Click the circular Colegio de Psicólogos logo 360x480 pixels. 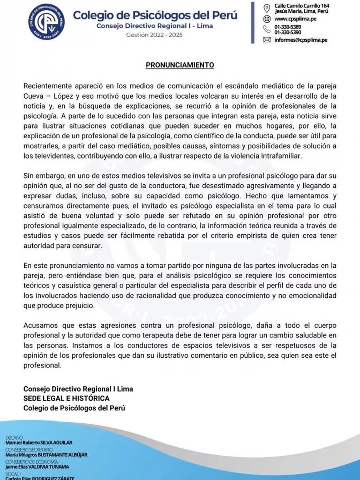pyautogui.click(x=47, y=22)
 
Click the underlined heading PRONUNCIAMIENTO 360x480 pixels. pyautogui.click(x=180, y=65)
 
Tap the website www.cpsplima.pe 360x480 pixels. pyautogui.click(x=295, y=19)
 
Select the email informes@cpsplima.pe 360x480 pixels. pyautogui.click(x=300, y=40)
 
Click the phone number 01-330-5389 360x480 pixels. pyautogui.click(x=287, y=27)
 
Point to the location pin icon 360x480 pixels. pyautogui.click(x=267, y=8)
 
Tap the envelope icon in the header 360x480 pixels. pyautogui.click(x=267, y=40)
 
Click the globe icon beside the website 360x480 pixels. pyautogui.click(x=267, y=19)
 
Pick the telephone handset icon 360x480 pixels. pyautogui.click(x=267, y=29)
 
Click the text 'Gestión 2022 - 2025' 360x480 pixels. pyautogui.click(x=154, y=35)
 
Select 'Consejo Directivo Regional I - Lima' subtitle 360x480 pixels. pyautogui.click(x=155, y=26)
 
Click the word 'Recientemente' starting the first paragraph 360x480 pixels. pyautogui.click(x=47, y=86)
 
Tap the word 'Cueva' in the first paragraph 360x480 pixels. pyautogui.click(x=33, y=96)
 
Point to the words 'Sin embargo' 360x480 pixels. pyautogui.click(x=44, y=176)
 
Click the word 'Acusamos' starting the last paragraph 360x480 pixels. pyautogui.click(x=39, y=325)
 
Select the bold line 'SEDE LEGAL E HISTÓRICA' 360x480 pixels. pyautogui.click(x=66, y=398)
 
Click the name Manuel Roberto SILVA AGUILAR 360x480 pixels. pyautogui.click(x=39, y=443)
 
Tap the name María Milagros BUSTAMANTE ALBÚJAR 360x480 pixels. pyautogui.click(x=46, y=455)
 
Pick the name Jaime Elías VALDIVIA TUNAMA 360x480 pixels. pyautogui.click(x=37, y=467)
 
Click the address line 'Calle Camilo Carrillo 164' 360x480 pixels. pyautogui.click(x=302, y=6)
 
